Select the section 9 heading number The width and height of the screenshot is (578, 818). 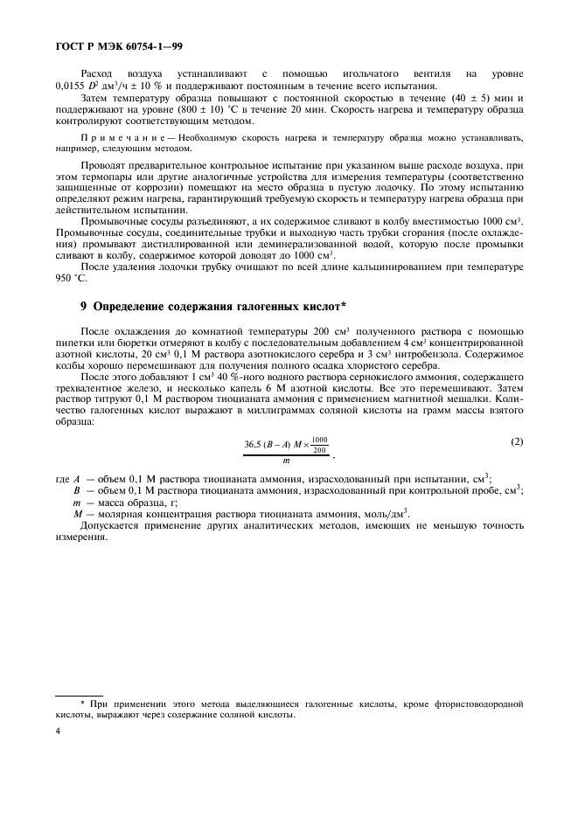pyautogui.click(x=83, y=307)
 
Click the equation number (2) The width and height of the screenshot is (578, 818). pyautogui.click(x=517, y=442)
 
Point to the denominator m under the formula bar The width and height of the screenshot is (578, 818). pyautogui.click(x=285, y=461)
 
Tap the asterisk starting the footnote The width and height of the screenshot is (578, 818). pyautogui.click(x=81, y=702)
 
